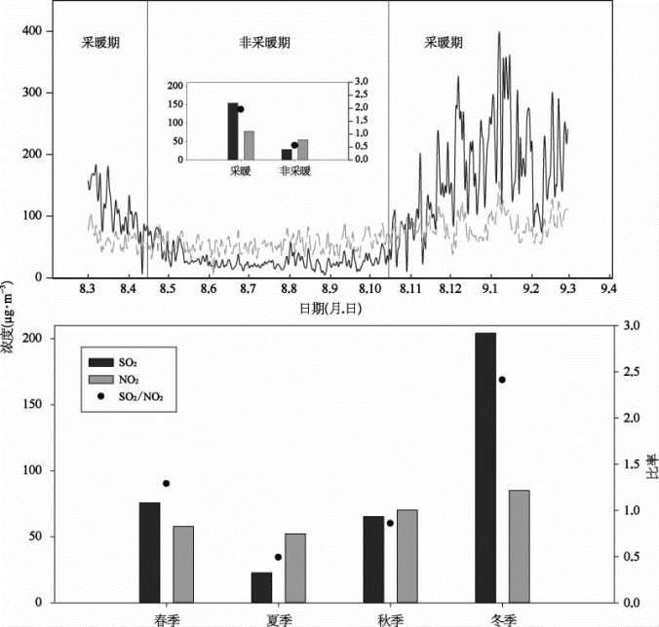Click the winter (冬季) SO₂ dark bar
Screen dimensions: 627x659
485,467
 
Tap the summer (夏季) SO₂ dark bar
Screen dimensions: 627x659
261,587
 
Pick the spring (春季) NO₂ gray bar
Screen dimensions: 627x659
183,564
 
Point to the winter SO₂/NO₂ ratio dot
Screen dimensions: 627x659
502,380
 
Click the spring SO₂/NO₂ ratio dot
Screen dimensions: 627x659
166,483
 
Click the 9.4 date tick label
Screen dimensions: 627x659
610,290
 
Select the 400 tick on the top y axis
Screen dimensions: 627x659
61,31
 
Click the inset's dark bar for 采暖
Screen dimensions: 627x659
233,130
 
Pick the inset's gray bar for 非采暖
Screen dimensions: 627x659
302,149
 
